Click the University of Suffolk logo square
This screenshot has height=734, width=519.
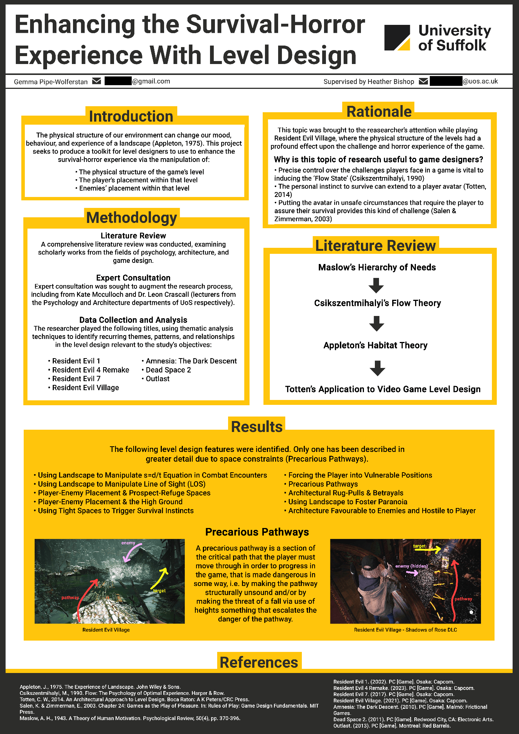click(x=397, y=38)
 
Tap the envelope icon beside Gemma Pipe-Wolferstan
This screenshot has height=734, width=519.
click(x=97, y=81)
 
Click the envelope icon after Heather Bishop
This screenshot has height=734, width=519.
click(x=423, y=81)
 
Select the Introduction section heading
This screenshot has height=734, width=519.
click(x=131, y=116)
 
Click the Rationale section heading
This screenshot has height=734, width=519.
click(x=379, y=111)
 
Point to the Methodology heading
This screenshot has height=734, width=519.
click(x=132, y=218)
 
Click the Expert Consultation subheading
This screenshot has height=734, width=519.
click(x=133, y=278)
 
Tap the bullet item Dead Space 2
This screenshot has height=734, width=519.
click(x=168, y=370)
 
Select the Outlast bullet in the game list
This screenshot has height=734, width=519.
click(x=157, y=378)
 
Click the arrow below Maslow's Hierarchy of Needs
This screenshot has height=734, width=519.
click(x=376, y=285)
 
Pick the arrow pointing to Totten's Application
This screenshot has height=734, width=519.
click(x=377, y=368)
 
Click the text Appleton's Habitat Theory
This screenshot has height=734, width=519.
click(x=375, y=345)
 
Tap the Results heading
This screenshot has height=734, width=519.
click(x=257, y=427)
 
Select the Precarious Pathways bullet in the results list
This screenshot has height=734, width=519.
click(x=323, y=484)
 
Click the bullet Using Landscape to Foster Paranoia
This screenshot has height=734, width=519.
click(x=347, y=502)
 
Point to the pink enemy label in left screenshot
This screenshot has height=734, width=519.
click(x=128, y=543)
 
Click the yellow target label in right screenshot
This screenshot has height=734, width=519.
click(x=419, y=546)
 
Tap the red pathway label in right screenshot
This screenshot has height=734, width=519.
click(x=463, y=599)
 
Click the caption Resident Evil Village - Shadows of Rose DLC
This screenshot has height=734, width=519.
click(x=405, y=630)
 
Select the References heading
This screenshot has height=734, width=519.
click(x=259, y=662)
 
